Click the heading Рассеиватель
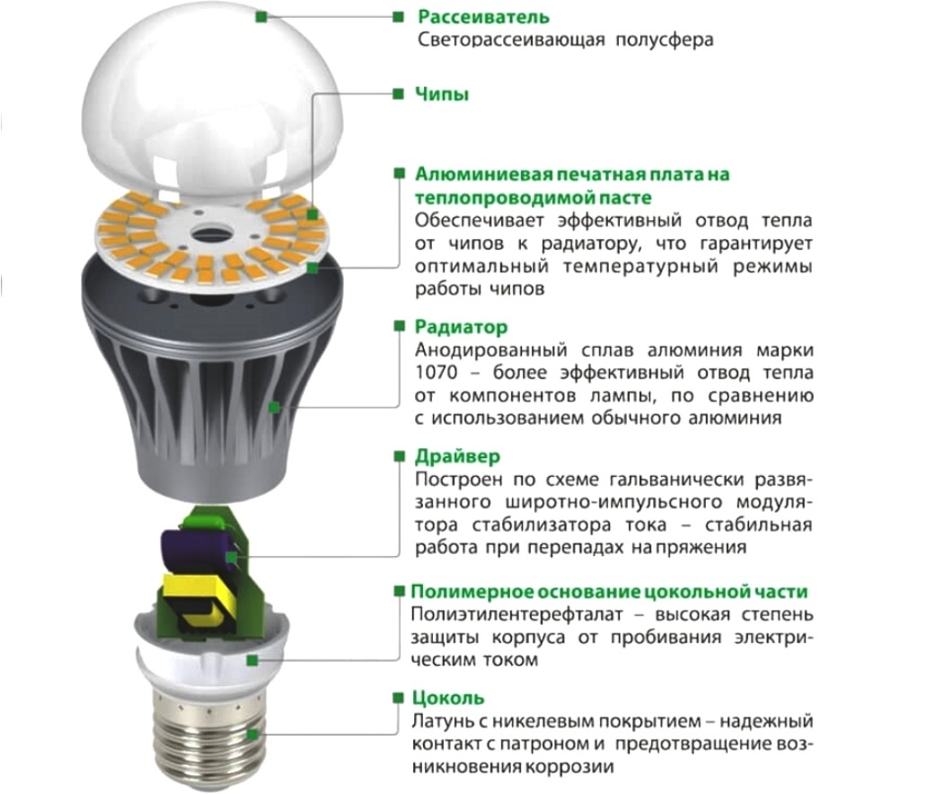[x=483, y=17]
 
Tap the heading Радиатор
[x=461, y=327]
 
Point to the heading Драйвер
[x=458, y=456]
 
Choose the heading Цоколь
[x=448, y=698]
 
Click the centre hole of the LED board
[x=213, y=229]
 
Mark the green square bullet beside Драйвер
[x=398, y=457]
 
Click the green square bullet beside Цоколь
[x=398, y=698]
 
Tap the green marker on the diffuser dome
[x=261, y=15]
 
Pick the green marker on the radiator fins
[x=274, y=407]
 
